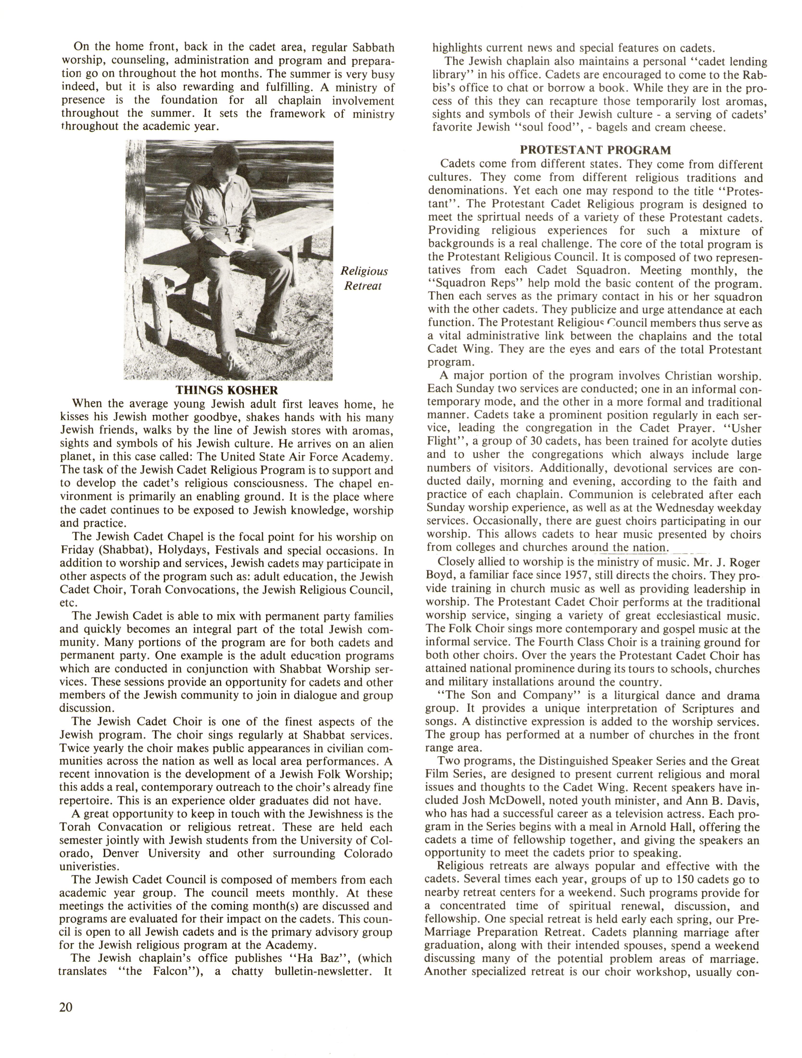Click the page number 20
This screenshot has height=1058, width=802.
(x=66, y=1006)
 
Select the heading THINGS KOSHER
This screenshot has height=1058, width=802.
(x=227, y=390)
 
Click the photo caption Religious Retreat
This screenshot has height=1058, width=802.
(x=364, y=278)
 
